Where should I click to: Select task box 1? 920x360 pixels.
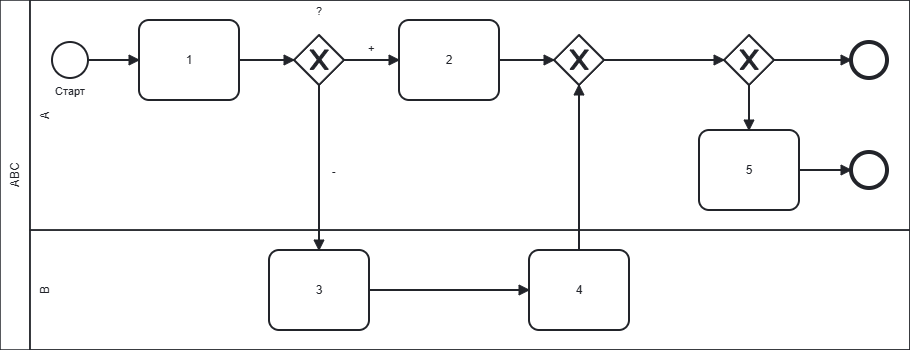[189, 60]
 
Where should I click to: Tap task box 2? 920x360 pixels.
[449, 60]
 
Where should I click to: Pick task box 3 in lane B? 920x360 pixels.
[319, 290]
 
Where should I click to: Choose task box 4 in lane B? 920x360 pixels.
[579, 290]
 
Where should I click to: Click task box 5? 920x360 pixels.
[749, 170]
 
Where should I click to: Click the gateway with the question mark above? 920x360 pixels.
[319, 60]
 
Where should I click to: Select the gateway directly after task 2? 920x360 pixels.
[579, 60]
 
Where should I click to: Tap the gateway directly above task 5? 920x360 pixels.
[749, 60]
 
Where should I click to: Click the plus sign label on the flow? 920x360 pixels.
[371, 49]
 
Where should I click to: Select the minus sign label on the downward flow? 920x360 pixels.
[334, 172]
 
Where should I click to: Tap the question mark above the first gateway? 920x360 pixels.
[319, 11]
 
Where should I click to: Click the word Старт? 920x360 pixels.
[70, 91]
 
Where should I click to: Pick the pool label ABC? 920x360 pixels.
[16, 175]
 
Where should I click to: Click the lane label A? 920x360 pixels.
[45, 115]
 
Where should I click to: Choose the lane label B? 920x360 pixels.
[45, 290]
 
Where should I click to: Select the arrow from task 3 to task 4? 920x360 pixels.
[449, 290]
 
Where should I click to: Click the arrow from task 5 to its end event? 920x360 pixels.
[824, 170]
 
